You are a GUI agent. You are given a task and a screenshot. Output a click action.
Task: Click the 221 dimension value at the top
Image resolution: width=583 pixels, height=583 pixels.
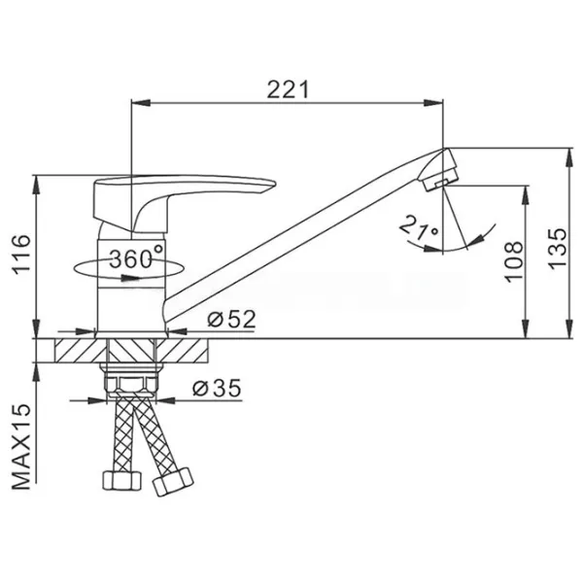point(288,89)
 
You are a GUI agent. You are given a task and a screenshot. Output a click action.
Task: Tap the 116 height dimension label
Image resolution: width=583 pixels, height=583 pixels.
point(21,255)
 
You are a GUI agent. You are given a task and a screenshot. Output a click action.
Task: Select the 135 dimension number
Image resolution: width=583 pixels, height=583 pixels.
point(557,248)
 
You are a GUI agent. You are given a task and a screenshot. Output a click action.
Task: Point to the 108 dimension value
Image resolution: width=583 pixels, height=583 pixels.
point(514,261)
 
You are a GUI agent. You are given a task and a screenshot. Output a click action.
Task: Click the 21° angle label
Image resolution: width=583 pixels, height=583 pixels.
point(419,227)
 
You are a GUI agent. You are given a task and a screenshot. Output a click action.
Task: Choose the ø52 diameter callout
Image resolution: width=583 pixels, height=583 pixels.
point(231,319)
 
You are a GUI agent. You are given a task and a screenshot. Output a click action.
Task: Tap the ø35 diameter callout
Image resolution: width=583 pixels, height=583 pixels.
point(217,388)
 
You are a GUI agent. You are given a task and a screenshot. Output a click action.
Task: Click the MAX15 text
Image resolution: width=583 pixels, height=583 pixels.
point(21,447)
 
